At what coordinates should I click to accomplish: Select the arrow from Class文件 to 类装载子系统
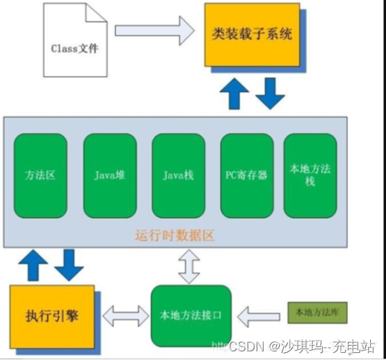[155, 30]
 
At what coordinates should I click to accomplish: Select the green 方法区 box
[39, 175]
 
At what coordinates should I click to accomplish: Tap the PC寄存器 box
[246, 175]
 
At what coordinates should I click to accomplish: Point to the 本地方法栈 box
[310, 175]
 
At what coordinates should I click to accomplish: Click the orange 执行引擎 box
[52, 314]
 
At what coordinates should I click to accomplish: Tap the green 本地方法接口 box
[190, 314]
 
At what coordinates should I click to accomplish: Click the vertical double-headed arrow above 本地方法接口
[190, 265]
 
